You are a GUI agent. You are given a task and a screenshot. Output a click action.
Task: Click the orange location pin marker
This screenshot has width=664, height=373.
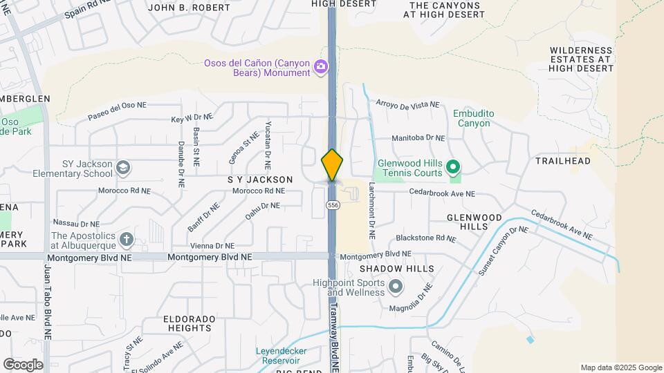332,164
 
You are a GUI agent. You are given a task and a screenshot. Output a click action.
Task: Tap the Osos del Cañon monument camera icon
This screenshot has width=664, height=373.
321,67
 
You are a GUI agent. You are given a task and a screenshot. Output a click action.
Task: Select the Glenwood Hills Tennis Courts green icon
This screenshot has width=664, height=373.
453,167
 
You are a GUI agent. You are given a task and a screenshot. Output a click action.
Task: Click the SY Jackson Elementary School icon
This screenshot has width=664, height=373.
123,168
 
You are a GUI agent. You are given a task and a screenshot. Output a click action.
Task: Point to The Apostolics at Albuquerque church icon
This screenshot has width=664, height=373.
126,240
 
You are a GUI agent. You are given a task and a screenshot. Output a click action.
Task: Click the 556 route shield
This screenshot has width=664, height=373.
333,205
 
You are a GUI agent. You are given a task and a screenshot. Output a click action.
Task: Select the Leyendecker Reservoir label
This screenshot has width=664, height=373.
290,356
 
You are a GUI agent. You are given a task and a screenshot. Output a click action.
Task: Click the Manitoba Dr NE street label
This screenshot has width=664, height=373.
418,138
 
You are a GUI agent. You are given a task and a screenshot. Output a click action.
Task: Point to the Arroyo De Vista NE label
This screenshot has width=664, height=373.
407,104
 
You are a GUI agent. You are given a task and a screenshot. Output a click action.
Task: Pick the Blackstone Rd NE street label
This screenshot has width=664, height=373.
426,238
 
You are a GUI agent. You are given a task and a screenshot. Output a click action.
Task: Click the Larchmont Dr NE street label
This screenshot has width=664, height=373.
371,210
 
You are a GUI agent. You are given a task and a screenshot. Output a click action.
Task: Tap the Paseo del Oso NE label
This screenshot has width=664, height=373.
117,110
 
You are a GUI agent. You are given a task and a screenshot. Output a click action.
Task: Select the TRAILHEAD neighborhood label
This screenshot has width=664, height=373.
563,161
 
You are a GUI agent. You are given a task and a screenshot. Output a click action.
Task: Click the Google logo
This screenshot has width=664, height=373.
23,364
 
